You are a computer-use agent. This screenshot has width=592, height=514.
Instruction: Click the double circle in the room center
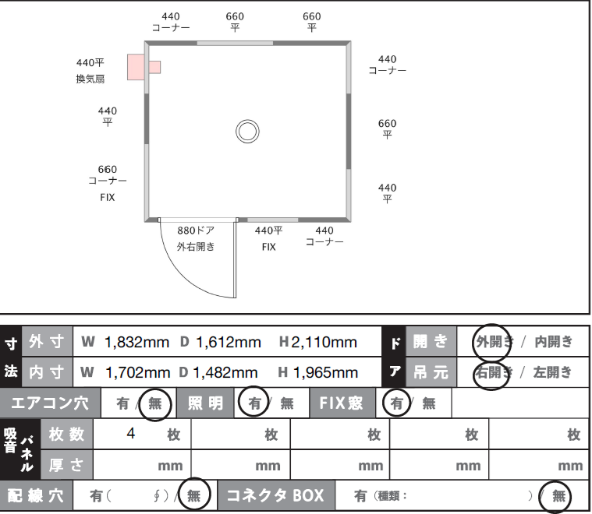[x=247, y=131]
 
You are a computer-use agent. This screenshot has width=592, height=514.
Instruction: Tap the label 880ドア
[x=196, y=231]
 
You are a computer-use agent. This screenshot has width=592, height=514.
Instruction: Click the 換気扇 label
[x=90, y=79]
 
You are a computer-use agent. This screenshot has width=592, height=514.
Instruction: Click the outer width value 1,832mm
[x=136, y=342]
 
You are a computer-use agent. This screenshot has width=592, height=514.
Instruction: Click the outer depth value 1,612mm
[x=229, y=342]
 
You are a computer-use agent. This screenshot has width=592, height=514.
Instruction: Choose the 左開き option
[x=553, y=372]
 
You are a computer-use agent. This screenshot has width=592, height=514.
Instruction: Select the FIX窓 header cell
[x=341, y=403]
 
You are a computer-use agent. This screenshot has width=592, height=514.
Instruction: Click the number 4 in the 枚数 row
[x=131, y=433]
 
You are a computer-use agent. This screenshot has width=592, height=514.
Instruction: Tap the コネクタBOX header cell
[x=275, y=495]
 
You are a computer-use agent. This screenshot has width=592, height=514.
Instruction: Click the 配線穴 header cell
[x=37, y=495]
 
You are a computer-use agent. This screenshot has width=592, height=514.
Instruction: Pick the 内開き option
[x=553, y=341]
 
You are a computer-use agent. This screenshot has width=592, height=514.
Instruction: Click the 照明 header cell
[x=205, y=403]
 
